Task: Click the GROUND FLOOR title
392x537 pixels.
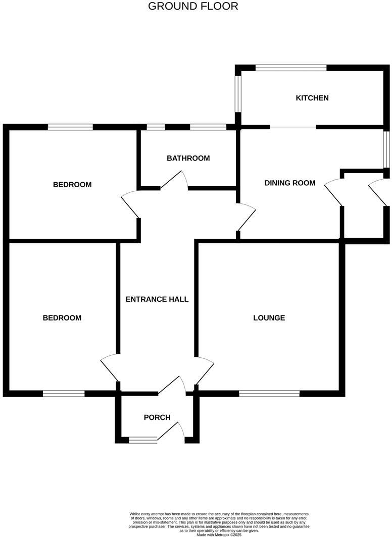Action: (x=193, y=6)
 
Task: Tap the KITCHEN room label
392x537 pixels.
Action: (x=312, y=98)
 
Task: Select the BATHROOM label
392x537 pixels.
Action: (x=188, y=158)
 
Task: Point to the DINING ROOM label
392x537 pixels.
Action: (x=290, y=183)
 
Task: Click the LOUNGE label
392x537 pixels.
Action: (x=269, y=318)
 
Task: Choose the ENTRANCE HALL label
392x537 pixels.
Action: (x=157, y=299)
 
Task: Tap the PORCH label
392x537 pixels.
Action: (x=157, y=417)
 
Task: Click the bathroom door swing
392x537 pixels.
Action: (x=174, y=180)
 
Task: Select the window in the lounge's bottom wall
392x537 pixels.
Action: (x=269, y=394)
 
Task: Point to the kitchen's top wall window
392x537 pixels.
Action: (x=291, y=68)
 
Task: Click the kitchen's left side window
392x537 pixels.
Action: (x=238, y=94)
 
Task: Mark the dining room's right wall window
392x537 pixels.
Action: (x=386, y=149)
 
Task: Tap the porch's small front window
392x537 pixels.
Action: (x=143, y=440)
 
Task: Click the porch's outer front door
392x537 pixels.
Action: (x=171, y=430)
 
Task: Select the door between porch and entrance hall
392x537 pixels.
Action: (x=172, y=385)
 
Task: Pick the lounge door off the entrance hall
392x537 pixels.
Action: (x=205, y=371)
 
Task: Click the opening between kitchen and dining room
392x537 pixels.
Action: (x=293, y=127)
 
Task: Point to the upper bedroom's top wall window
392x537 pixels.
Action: (x=70, y=127)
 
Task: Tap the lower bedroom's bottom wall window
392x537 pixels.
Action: (x=64, y=394)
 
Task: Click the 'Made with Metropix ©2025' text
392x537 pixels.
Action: (x=219, y=534)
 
